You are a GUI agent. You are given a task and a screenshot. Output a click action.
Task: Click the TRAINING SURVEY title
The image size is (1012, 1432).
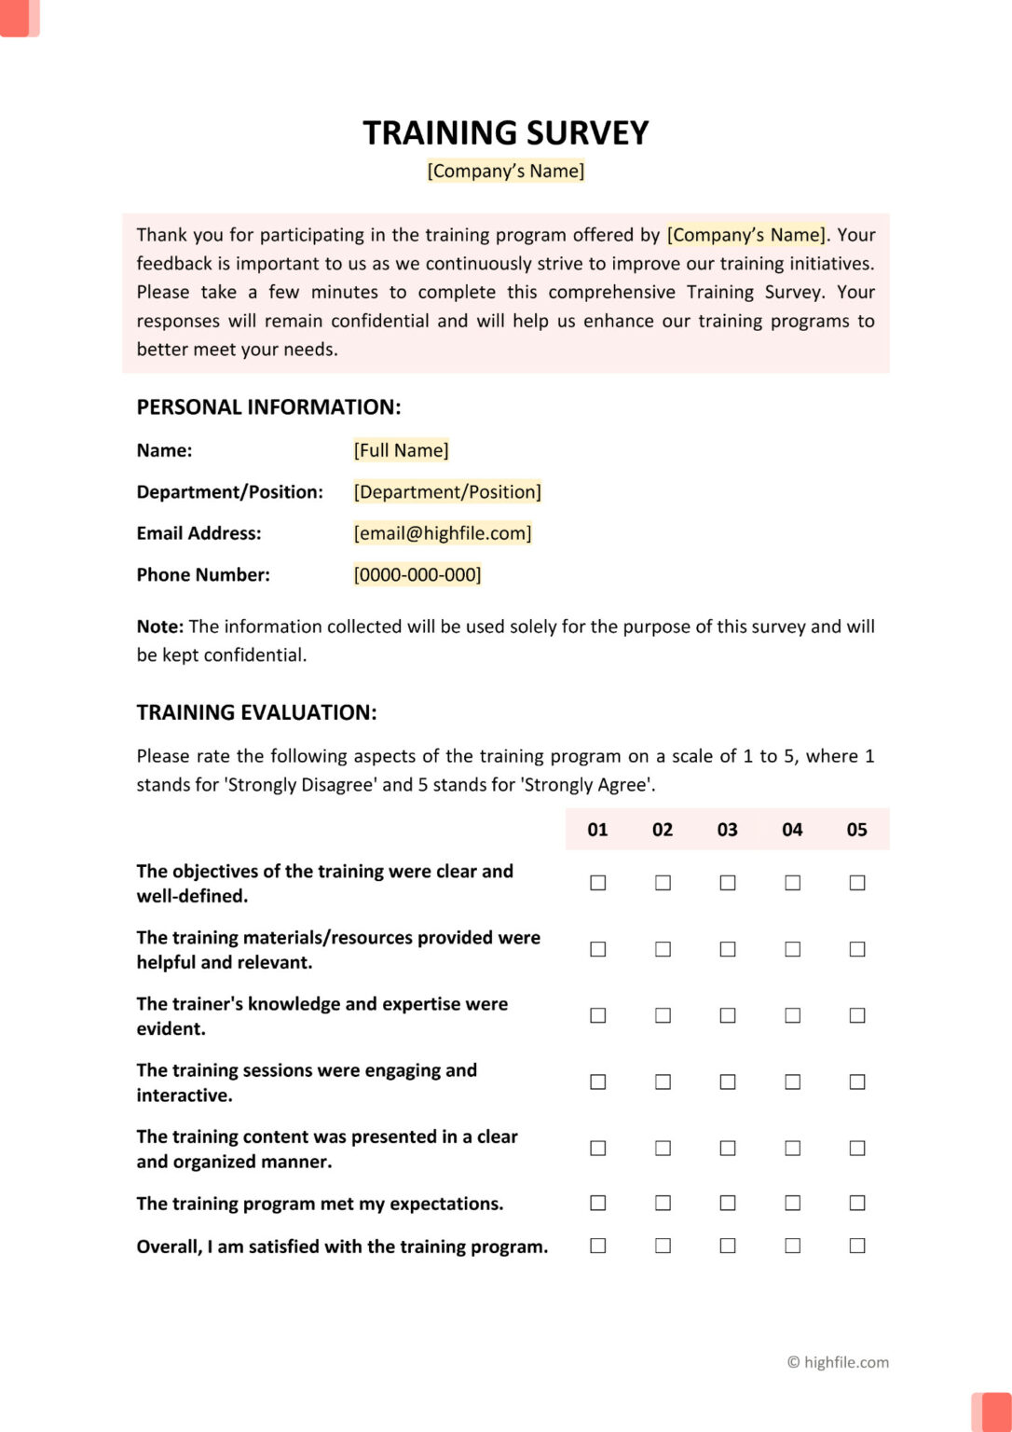click(x=505, y=133)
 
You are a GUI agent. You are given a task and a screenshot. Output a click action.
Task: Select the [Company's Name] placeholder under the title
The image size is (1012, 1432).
click(x=505, y=172)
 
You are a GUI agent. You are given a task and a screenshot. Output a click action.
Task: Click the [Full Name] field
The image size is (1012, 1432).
click(x=401, y=450)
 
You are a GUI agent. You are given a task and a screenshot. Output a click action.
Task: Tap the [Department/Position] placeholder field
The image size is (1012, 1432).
click(x=447, y=492)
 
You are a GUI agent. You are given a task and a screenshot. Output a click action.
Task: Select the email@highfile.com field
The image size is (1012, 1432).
click(x=442, y=533)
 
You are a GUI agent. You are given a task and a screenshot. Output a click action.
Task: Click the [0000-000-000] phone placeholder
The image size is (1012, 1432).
click(x=417, y=575)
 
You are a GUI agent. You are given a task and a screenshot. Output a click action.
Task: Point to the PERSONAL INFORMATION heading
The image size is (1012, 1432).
click(x=268, y=407)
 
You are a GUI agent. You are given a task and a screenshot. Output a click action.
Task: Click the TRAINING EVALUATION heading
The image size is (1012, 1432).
click(x=256, y=713)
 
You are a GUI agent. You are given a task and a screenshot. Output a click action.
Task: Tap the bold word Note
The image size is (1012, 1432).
click(x=159, y=627)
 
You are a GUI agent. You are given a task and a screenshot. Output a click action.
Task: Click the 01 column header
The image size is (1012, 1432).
click(x=597, y=830)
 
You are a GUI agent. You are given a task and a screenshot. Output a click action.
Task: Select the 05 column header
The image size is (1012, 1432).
click(x=856, y=830)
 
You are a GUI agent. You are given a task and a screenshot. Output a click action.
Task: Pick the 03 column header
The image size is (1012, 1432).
click(x=727, y=830)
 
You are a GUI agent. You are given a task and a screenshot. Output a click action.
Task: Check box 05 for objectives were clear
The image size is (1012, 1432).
click(x=856, y=883)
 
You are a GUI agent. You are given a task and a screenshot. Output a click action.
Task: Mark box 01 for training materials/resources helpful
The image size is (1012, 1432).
click(x=598, y=949)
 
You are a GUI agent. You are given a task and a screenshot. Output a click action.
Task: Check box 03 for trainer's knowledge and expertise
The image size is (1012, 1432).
click(x=728, y=1015)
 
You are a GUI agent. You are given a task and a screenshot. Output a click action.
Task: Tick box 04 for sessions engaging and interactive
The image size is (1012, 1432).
click(x=792, y=1082)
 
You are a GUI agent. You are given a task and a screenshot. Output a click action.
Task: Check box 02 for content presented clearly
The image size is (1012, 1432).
click(x=663, y=1149)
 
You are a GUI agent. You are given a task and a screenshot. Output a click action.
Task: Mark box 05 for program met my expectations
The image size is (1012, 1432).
click(x=856, y=1204)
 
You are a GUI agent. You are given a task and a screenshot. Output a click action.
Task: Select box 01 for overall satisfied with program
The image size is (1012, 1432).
click(x=598, y=1246)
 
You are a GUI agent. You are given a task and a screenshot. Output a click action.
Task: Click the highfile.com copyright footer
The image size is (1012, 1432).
click(x=838, y=1362)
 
